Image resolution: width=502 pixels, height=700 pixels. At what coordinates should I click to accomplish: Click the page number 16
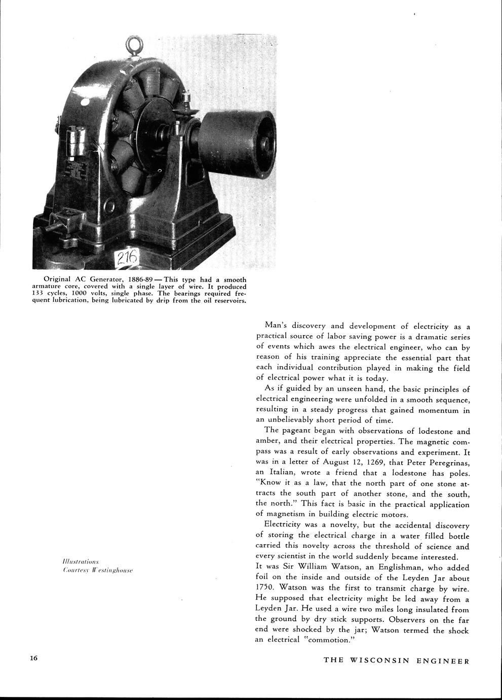[34, 658]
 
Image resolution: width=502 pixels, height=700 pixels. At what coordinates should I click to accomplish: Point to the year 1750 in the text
[265, 588]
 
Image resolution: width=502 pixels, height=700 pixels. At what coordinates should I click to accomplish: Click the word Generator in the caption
[101, 279]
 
